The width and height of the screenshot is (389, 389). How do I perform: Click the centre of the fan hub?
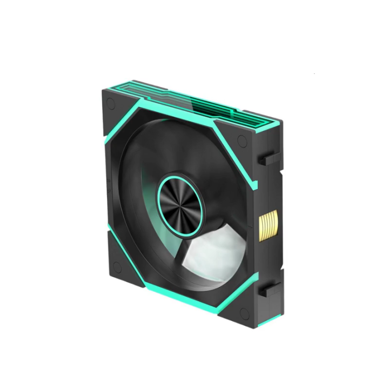179,200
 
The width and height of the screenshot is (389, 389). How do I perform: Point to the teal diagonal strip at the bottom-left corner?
116,238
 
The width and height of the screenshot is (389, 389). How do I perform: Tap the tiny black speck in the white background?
314,73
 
